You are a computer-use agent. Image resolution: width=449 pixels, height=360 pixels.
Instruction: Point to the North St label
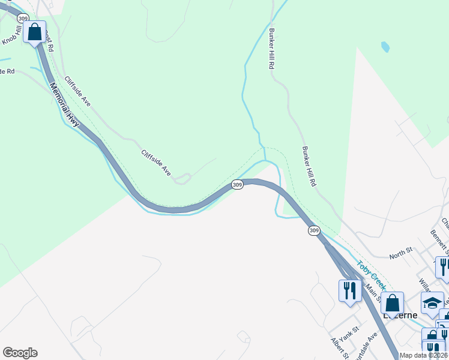[x=401, y=256]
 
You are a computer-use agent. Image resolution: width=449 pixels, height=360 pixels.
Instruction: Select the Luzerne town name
[x=401, y=316]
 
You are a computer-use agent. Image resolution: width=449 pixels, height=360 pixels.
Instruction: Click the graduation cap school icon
[x=432, y=304]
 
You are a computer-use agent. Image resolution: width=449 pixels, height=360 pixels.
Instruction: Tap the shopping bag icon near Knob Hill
[x=35, y=31]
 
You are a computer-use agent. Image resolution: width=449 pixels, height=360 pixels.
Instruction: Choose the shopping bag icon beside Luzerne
[x=392, y=303]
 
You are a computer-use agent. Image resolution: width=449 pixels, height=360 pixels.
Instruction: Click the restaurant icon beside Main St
[x=350, y=291]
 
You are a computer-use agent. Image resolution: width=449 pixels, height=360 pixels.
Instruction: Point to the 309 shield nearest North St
[x=314, y=230]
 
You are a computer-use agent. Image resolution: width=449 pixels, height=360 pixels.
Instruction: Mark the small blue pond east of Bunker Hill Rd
[x=385, y=46]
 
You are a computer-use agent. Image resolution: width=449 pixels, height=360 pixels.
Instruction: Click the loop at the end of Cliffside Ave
[x=182, y=178]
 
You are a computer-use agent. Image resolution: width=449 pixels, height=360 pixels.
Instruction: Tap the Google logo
[x=20, y=353]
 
